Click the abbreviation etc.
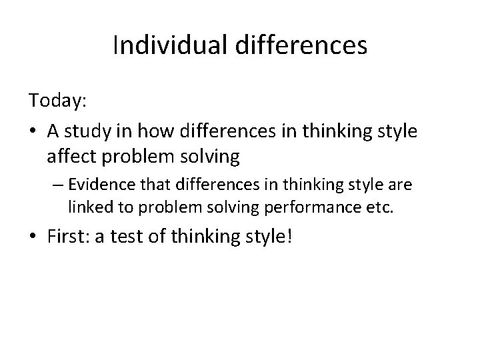(x=381, y=207)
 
